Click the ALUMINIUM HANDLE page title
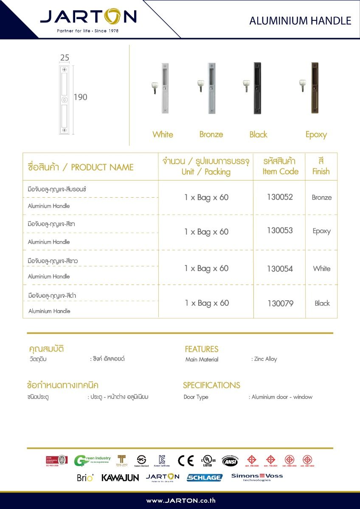coord(300,20)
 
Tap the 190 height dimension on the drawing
coord(80,97)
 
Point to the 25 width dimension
coord(65,58)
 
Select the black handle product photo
coord(256,88)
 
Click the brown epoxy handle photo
coord(314,88)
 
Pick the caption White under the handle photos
coord(163,134)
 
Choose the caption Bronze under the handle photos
coord(211,134)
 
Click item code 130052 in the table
coord(280,197)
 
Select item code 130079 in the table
coord(280,303)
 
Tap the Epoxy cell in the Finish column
coord(321,231)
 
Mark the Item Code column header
coord(280,166)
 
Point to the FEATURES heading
coord(201,349)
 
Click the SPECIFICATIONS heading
coord(211,385)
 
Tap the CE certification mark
coord(186,460)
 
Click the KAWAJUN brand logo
coord(120,478)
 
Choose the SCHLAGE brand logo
coord(205,478)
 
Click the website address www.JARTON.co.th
coord(181,501)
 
